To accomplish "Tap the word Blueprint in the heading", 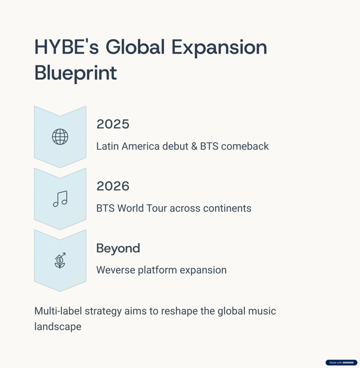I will (75, 73).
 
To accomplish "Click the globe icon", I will (60, 137).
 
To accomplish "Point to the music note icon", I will (60, 199).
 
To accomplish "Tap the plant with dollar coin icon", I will (60, 260).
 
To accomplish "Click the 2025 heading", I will (113, 124).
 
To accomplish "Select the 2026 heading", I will (113, 186).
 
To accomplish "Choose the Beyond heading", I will (118, 248).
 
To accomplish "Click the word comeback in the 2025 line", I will (244, 146).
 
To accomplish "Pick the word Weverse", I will (116, 270).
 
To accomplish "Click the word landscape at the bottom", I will (58, 327).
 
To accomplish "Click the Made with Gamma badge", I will (341, 363).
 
